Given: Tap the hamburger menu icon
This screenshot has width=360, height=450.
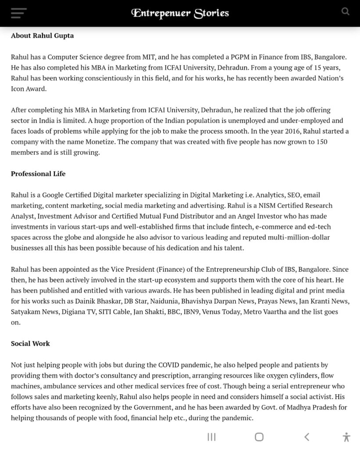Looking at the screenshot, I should pos(19,13).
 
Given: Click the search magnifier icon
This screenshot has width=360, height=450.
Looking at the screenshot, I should pos(346,12).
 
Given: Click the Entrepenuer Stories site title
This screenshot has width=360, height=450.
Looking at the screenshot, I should pos(180,13).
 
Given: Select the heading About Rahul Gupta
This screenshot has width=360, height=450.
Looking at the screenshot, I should pos(42,36).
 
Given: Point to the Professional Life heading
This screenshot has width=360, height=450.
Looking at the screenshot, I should pos(38,174).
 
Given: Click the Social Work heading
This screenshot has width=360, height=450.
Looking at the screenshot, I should pos(30,343).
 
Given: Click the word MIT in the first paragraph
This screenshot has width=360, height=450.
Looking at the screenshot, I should pos(148,57).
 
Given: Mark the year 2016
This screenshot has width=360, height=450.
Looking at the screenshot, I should pos(272,131).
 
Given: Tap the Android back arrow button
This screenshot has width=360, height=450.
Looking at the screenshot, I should pos(307,436).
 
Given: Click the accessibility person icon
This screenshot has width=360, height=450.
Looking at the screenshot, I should pos(346,437).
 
